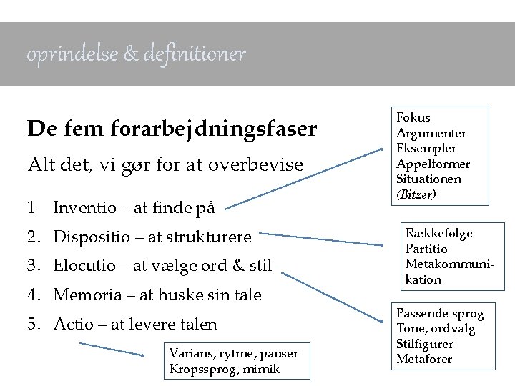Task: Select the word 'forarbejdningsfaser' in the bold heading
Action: point(214,129)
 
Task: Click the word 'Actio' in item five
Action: point(72,324)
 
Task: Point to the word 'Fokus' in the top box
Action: point(413,117)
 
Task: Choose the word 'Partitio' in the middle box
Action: point(426,249)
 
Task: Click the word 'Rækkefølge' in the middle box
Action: point(439,234)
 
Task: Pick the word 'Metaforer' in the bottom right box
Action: point(424,359)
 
